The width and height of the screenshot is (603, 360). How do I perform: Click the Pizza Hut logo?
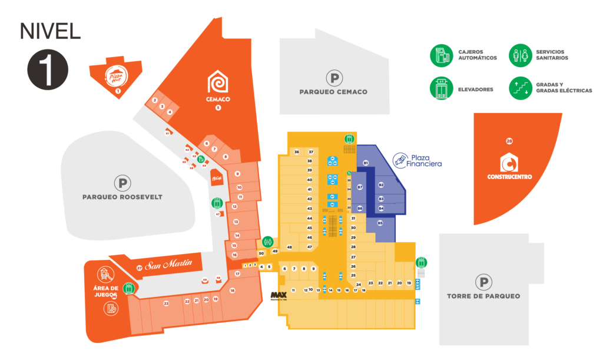pos(115,75)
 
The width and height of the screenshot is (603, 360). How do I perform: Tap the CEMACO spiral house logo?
pos(217,82)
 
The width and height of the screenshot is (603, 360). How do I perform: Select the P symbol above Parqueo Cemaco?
pos(334,77)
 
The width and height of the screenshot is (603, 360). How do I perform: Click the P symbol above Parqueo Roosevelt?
pos(122,183)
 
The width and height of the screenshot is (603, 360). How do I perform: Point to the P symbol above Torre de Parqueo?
pos(483,282)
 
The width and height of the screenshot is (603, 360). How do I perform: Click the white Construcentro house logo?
pos(509,162)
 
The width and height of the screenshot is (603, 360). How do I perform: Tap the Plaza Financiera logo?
pos(400,159)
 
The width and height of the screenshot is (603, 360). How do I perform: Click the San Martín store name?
pos(169,264)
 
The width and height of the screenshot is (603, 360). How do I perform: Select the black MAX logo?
pos(278,295)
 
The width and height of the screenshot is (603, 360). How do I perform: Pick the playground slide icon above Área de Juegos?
pos(105,273)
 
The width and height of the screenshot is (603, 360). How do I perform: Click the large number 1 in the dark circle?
pos(48,70)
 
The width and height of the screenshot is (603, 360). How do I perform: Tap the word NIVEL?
pos(49,31)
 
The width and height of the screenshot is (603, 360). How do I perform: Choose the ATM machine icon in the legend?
pos(440,55)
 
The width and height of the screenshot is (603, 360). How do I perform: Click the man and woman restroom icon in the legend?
pos(520,55)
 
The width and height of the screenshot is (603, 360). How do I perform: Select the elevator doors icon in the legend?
pos(440,88)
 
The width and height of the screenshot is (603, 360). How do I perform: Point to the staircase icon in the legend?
pos(520,88)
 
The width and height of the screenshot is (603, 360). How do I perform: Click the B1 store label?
pos(366,162)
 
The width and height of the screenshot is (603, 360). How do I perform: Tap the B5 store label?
pos(380,223)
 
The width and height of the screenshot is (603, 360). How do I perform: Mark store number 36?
pos(297,152)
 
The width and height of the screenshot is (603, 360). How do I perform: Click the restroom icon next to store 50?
pos(268,240)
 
